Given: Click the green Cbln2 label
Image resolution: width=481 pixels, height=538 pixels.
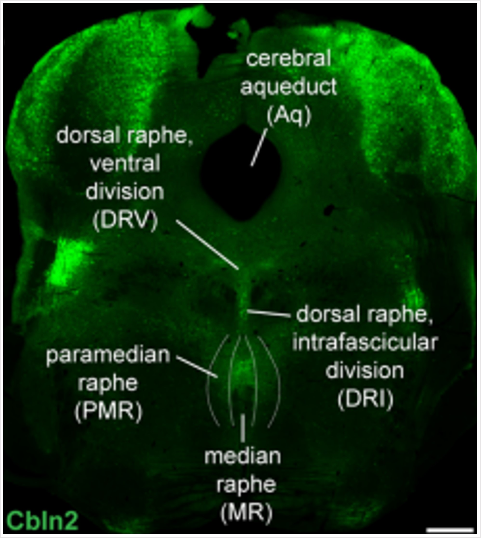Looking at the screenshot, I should click(x=43, y=520).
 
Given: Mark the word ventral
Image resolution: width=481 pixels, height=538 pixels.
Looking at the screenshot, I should click(x=125, y=164).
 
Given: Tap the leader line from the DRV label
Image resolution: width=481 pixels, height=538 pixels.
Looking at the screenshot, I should click(x=208, y=244).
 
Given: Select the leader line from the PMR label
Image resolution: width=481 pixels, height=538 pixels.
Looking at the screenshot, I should click(x=197, y=367).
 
